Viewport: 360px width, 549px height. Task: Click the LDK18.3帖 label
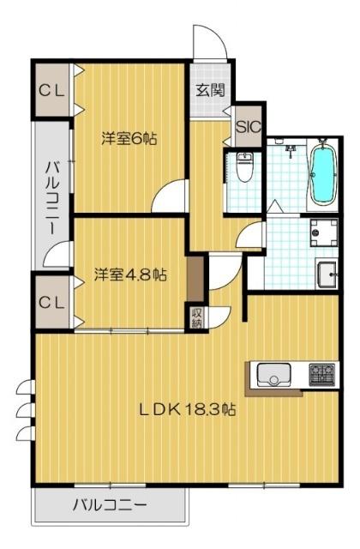coord(189,409)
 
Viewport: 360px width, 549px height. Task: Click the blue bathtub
coord(323,175)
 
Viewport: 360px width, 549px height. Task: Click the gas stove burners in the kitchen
coord(321,374)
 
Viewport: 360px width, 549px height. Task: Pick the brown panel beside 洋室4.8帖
coord(196,277)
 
